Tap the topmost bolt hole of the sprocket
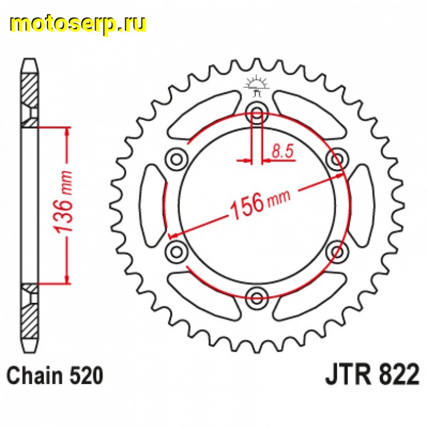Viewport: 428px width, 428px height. pyautogui.click(x=257, y=113)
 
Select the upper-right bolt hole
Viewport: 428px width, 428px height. pyautogui.click(x=337, y=158)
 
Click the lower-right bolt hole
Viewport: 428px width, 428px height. pyautogui.click(x=337, y=250)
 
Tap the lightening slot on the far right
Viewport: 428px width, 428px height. pyautogui.click(x=363, y=204)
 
